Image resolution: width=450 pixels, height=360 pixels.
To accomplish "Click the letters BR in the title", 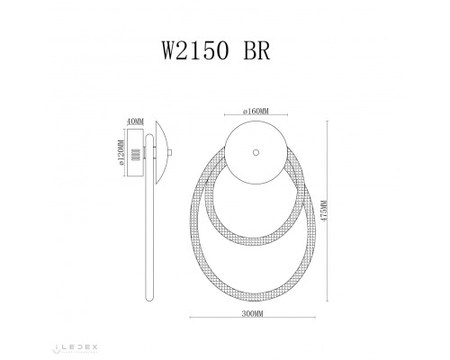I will [x=255, y=50].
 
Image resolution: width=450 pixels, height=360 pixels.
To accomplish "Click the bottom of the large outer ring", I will [x=255, y=298].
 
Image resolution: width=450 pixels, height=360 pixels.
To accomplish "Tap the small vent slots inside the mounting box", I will [x=138, y=154].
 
